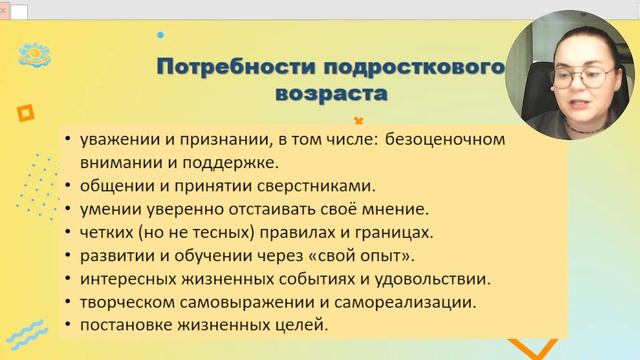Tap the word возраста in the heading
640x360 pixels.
329,95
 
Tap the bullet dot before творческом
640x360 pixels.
66,303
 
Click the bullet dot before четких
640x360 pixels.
66,233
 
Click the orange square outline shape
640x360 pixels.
26,113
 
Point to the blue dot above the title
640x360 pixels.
161,34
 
